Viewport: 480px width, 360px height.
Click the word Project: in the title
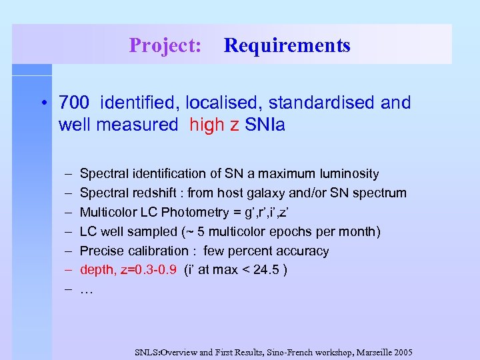click(165, 45)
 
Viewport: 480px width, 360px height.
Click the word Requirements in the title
click(287, 45)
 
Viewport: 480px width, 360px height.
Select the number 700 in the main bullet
click(73, 103)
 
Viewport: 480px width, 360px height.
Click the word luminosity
click(347, 174)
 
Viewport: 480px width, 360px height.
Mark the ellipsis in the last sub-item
click(86, 291)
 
